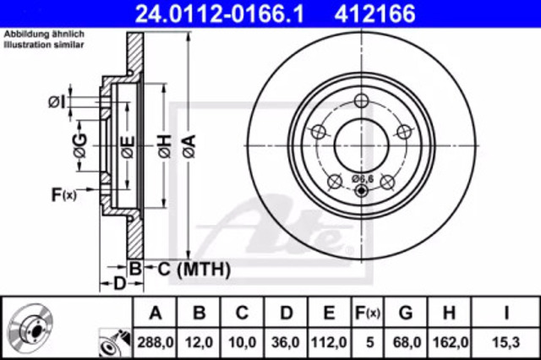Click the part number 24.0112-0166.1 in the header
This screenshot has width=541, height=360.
[x=220, y=14]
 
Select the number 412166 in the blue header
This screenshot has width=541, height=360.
[x=374, y=14]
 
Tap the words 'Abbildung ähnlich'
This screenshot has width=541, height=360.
[x=44, y=34]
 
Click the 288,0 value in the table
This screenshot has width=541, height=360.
[x=156, y=342]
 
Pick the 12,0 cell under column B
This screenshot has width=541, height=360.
[x=199, y=342]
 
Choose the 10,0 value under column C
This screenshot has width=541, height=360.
[x=243, y=342]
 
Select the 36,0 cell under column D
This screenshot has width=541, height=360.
[x=286, y=342]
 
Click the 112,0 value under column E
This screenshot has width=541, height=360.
[x=329, y=342]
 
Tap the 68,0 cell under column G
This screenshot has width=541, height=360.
[x=406, y=342]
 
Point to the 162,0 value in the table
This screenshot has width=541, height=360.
[x=449, y=342]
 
